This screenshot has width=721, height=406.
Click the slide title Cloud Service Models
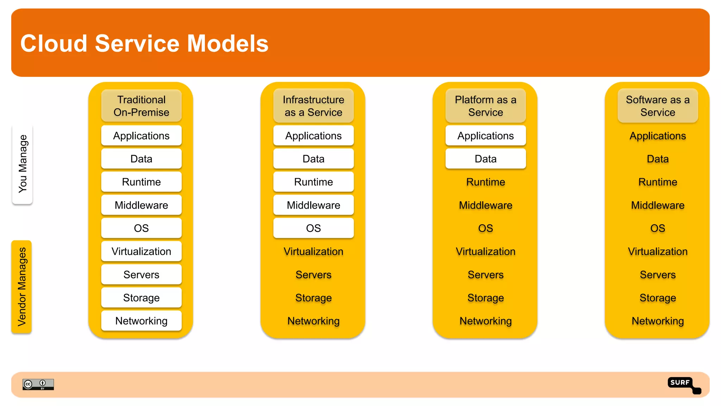144,43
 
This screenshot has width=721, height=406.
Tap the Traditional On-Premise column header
141,106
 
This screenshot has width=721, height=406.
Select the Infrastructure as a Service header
313,106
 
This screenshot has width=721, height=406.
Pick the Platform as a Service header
485,106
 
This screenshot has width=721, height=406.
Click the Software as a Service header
658,106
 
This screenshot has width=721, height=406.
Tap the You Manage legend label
23,164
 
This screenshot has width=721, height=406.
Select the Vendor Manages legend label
22,287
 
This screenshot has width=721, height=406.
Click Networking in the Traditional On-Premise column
141,321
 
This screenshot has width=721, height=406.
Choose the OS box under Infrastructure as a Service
313,228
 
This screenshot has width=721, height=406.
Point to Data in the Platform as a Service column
485,159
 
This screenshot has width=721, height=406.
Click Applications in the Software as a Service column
658,136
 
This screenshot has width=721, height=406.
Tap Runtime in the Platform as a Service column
485,182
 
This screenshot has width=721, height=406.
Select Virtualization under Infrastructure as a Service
313,251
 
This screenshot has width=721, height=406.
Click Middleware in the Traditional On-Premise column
141,205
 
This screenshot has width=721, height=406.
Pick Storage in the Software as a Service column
658,298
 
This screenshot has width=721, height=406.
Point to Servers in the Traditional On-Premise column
141,275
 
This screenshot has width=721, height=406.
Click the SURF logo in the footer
683,385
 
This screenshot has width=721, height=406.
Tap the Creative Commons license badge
38,384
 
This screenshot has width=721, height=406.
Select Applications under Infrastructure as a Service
313,136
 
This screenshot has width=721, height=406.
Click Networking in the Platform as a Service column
485,321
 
